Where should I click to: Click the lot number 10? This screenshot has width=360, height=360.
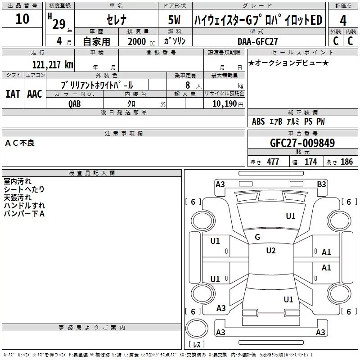pyautogui.click(x=22, y=18)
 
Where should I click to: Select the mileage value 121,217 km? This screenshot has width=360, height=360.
pyautogui.click(x=53, y=64)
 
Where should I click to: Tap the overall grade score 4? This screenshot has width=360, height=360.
pyautogui.click(x=343, y=20)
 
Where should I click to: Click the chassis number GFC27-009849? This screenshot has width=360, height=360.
pyautogui.click(x=302, y=143)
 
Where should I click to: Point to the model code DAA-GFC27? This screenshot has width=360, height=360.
pyautogui.click(x=257, y=41)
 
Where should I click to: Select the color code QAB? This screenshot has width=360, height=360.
pyautogui.click(x=74, y=104)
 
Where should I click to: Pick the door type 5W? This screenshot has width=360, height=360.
pyautogui.click(x=174, y=20)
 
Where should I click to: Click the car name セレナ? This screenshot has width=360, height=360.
pyautogui.click(x=117, y=19)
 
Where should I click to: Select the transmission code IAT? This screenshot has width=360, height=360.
pyautogui.click(x=13, y=94)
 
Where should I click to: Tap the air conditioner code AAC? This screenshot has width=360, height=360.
pyautogui.click(x=35, y=94)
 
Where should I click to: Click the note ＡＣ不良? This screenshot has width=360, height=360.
pyautogui.click(x=20, y=143)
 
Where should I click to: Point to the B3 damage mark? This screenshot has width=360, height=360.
pyautogui.click(x=321, y=184)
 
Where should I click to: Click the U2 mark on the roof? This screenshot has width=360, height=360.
pyautogui.click(x=271, y=251)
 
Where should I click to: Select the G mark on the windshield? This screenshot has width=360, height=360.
pyautogui.click(x=257, y=237)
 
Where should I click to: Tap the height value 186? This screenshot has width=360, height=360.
pyautogui.click(x=346, y=162)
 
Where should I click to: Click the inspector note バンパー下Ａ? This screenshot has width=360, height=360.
pyautogui.click(x=24, y=213)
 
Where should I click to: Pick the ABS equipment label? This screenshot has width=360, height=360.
pyautogui.click(x=258, y=121)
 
